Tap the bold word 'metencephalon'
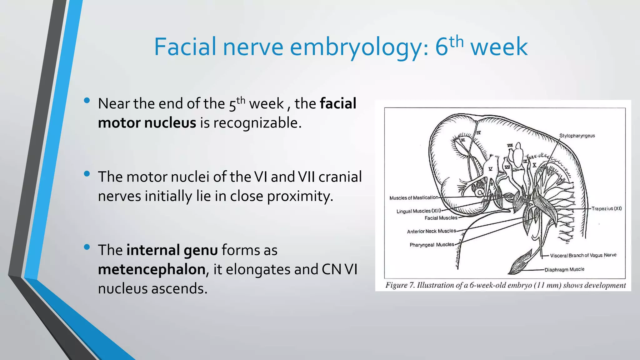[x=152, y=269]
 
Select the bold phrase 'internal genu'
[x=172, y=250]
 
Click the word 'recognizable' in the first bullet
[x=257, y=123]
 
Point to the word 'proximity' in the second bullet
[x=300, y=196]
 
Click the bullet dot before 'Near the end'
[x=87, y=101]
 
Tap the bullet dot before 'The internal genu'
[x=87, y=247]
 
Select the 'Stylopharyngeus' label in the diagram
[x=577, y=136]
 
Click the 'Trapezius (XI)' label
[x=607, y=208]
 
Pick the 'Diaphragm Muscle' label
[x=564, y=269]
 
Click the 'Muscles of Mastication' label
[x=414, y=197]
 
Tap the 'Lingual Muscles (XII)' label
[x=418, y=211]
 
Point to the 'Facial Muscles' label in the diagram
[x=441, y=218]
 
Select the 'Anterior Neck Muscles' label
[x=431, y=231]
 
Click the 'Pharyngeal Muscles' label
[x=432, y=245]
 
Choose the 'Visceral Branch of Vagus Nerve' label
[x=583, y=255]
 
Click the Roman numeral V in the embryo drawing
[x=490, y=169]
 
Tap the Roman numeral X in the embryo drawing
[x=534, y=165]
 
